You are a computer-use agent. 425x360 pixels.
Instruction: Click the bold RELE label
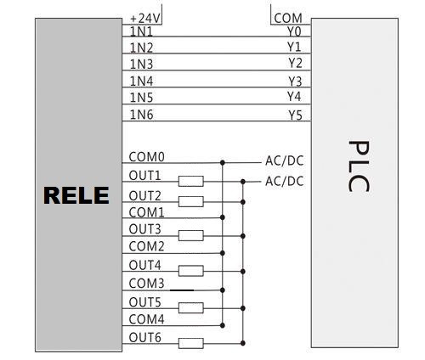76,195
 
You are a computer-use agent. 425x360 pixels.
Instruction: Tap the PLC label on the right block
359,166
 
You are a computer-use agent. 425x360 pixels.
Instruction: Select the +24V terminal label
145,19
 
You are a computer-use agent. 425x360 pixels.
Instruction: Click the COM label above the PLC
288,19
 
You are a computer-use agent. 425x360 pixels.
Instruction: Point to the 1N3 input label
141,65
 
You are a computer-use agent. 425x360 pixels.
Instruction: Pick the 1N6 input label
141,115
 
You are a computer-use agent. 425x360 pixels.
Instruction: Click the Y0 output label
294,31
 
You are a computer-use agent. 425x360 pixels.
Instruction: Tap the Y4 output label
294,96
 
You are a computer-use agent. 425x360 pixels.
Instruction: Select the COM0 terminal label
146,157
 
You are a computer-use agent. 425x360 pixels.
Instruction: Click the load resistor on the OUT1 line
191,181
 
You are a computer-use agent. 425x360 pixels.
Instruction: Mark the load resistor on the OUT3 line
191,235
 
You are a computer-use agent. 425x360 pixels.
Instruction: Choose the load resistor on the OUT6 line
191,343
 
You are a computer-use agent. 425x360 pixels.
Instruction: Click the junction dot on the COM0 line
223,163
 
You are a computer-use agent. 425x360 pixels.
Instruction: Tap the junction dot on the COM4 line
223,325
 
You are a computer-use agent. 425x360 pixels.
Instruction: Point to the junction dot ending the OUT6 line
243,343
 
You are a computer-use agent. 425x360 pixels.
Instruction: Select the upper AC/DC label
285,160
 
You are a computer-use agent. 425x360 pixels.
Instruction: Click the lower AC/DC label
285,181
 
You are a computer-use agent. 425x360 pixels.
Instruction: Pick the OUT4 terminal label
144,265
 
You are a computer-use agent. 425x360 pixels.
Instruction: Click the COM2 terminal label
146,246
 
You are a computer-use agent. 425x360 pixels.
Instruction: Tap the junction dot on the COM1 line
223,217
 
